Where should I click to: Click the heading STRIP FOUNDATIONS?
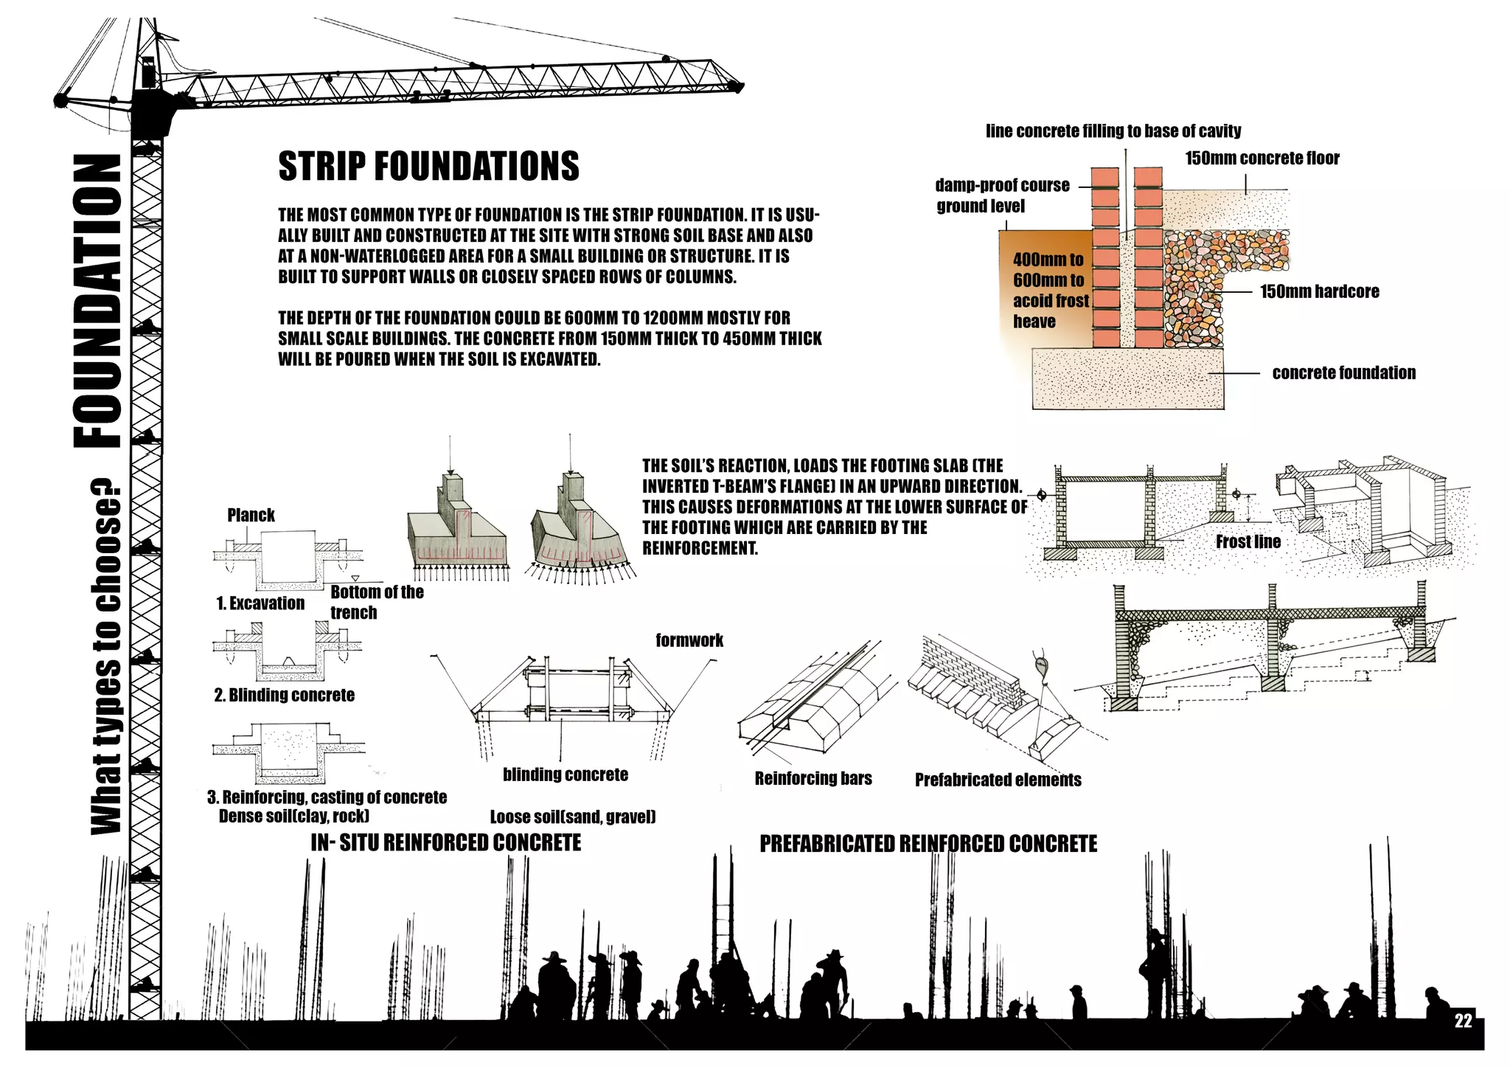tap(428, 166)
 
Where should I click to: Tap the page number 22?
tap(1463, 1021)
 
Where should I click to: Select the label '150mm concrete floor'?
tap(1262, 158)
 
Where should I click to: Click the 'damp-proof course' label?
tap(1002, 185)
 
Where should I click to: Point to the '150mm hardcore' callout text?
tap(1319, 291)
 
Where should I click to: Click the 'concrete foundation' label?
tap(1343, 372)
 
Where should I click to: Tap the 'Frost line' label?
tap(1248, 541)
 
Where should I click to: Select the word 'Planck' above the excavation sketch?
tap(251, 515)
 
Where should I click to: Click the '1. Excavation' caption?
tap(260, 603)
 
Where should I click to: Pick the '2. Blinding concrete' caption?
tap(284, 695)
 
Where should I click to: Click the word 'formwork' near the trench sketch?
tap(689, 640)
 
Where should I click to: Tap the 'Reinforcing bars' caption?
tap(813, 778)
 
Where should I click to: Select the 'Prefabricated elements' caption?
tap(998, 780)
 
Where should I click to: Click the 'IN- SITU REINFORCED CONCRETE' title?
tap(445, 842)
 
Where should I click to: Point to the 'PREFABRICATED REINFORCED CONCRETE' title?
tap(928, 844)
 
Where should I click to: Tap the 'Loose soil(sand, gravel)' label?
tap(573, 816)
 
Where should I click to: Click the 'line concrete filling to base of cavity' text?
tap(1113, 131)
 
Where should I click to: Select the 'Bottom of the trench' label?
tap(377, 602)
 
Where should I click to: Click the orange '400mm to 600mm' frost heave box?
tap(1043, 288)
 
